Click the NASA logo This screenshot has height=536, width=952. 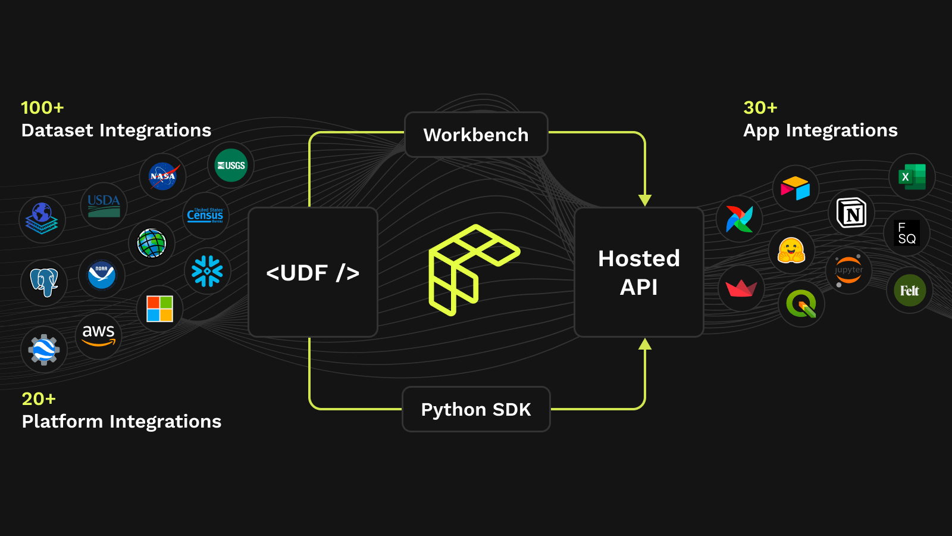coord(162,176)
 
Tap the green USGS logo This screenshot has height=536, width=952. coord(231,165)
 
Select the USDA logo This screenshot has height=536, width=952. coord(104,206)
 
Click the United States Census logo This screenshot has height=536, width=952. coord(205,215)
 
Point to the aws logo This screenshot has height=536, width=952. coord(98,336)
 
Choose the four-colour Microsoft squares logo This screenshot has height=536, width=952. coord(159,308)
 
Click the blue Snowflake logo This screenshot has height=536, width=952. coord(207,271)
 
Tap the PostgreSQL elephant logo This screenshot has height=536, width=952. coord(44,282)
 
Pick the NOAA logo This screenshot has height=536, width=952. coord(101,275)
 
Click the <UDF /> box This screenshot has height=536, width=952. coord(313,272)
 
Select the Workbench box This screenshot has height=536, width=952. coord(476,135)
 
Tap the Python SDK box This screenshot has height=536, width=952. coord(476,409)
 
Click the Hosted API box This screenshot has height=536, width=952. coord(639,272)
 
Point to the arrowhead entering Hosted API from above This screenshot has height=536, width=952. coord(645,200)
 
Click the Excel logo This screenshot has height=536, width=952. coord(912,177)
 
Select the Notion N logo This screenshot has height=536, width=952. coord(851,213)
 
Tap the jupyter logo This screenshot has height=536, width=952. coord(848,270)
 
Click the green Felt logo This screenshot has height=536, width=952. coord(910,290)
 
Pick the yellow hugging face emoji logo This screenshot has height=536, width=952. coord(791,250)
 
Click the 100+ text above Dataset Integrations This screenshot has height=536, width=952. coord(42,108)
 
